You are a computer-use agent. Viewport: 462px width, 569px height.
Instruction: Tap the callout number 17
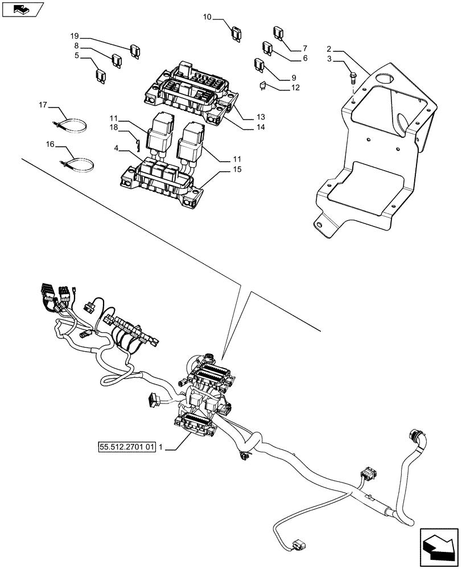click(x=43, y=105)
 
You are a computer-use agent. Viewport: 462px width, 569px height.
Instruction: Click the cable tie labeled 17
click(x=72, y=123)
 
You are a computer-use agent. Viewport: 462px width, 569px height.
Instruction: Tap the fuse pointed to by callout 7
click(x=278, y=32)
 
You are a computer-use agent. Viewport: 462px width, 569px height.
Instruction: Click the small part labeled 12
click(x=262, y=86)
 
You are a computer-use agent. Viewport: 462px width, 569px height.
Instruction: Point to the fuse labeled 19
click(x=135, y=51)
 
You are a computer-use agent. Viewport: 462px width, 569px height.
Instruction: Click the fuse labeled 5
click(x=100, y=76)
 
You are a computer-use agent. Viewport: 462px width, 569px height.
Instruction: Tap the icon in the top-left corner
click(x=23, y=9)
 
